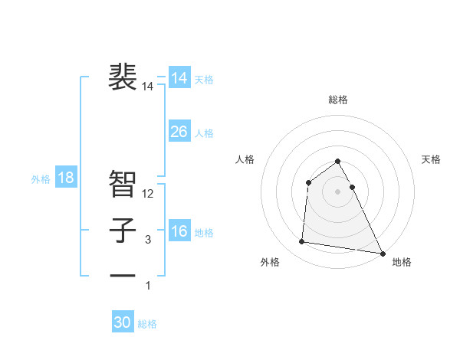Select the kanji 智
(123, 183)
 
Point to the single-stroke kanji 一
(123, 275)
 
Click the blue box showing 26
(179, 132)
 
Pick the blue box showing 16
(179, 231)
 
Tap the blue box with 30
(123, 322)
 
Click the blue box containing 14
(179, 78)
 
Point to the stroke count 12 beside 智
(149, 194)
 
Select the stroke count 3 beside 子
(148, 240)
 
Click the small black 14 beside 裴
(148, 87)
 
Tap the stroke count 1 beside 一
(148, 286)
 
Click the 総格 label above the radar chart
(338, 100)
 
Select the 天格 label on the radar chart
(432, 159)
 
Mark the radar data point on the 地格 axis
(383, 254)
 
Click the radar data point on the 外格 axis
(302, 242)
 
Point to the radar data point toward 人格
(308, 182)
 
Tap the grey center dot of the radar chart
(338, 191)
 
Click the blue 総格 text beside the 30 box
(147, 324)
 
